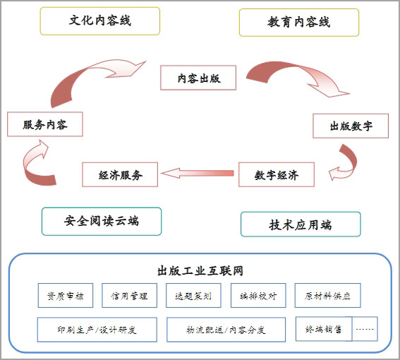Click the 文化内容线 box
(x=100, y=21)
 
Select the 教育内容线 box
(x=299, y=23)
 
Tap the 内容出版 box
(x=198, y=78)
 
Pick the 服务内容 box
(x=45, y=124)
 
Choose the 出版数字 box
(x=351, y=126)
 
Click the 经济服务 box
(x=120, y=174)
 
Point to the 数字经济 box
(x=277, y=174)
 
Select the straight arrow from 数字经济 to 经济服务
(x=198, y=174)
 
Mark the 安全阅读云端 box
(x=102, y=222)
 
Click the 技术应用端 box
(x=301, y=224)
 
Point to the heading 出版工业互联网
(x=200, y=271)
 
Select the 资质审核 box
(x=66, y=295)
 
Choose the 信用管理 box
(x=129, y=295)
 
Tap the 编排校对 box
(x=258, y=295)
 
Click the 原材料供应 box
(x=328, y=295)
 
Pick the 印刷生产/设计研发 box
(x=97, y=330)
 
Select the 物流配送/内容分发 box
(x=226, y=330)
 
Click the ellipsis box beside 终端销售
(x=365, y=329)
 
